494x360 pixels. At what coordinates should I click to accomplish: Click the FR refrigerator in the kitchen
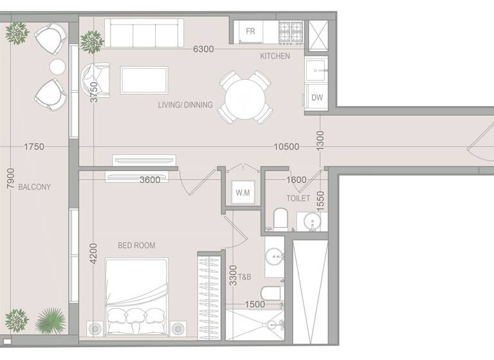click(x=250, y=32)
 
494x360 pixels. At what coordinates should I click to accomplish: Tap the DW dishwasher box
click(x=317, y=98)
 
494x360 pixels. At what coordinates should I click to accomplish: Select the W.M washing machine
click(x=242, y=192)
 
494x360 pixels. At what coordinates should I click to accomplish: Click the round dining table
click(x=244, y=97)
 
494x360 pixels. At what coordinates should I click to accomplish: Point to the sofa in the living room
click(x=143, y=32)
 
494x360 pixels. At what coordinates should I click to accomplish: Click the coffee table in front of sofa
click(x=144, y=80)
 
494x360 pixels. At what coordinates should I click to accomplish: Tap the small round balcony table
click(x=58, y=67)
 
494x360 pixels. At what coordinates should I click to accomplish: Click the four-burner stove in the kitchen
click(x=289, y=31)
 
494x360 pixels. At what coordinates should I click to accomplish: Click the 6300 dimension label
click(x=204, y=49)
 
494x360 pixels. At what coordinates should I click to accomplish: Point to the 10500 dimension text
click(x=286, y=147)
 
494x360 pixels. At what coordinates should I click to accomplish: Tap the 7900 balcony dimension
click(x=9, y=178)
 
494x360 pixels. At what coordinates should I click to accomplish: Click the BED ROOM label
click(x=136, y=245)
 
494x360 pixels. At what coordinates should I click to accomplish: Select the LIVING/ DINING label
click(x=185, y=105)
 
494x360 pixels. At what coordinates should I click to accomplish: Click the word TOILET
click(x=298, y=199)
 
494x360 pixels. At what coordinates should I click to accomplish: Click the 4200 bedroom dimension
click(x=94, y=253)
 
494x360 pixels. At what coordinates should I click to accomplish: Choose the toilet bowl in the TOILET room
click(x=281, y=219)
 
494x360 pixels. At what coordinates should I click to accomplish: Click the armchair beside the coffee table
click(x=96, y=80)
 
